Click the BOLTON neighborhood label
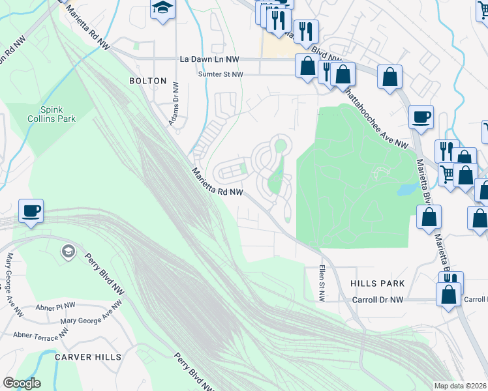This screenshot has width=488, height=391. click(x=144, y=81)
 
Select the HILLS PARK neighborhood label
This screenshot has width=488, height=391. click(x=377, y=284)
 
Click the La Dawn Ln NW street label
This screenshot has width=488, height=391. click(x=209, y=59)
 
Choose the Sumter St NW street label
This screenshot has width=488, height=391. click(x=221, y=75)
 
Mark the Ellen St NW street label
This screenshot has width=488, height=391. click(x=322, y=283)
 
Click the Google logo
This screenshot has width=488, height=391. click(x=22, y=383)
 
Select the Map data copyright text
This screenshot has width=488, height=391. click(x=461, y=386)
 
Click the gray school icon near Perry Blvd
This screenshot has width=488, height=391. click(x=67, y=252)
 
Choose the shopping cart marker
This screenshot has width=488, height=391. click(x=448, y=173)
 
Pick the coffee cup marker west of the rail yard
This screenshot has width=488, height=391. click(x=31, y=211)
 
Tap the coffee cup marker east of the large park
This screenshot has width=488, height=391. click(x=421, y=117)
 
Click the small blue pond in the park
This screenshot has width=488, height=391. click(x=406, y=189)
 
